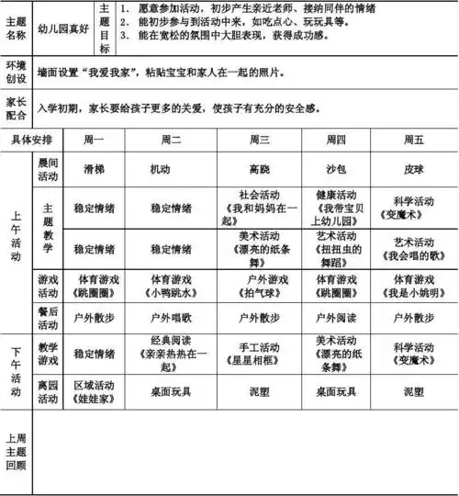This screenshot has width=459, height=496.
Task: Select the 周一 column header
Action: click(94, 139)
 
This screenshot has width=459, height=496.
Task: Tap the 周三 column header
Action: click(259, 139)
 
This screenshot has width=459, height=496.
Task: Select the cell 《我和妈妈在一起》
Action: click(259, 208)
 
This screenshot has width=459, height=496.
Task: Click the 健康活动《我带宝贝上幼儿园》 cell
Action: click(336, 208)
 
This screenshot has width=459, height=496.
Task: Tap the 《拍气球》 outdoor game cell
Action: click(259, 284)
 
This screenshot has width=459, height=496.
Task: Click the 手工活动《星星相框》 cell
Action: click(259, 353)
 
